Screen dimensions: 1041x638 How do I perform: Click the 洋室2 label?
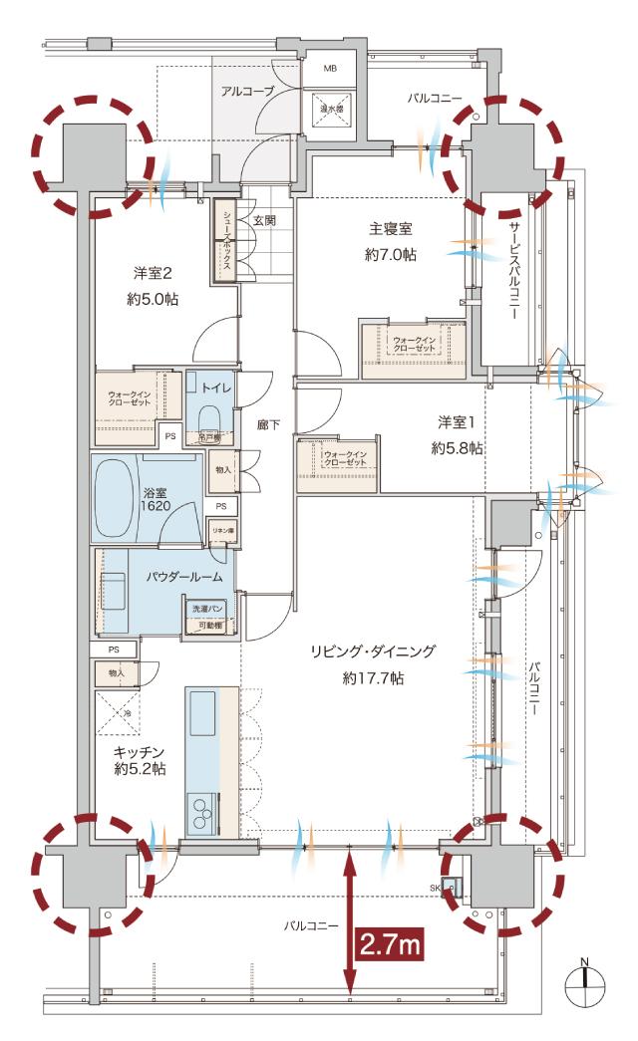(x=154, y=273)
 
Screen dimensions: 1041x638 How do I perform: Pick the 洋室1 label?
(x=457, y=421)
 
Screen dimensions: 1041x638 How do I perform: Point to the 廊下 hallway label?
(x=268, y=425)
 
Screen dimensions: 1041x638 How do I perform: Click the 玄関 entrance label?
(x=263, y=220)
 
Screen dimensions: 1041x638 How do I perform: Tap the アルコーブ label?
(x=247, y=91)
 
